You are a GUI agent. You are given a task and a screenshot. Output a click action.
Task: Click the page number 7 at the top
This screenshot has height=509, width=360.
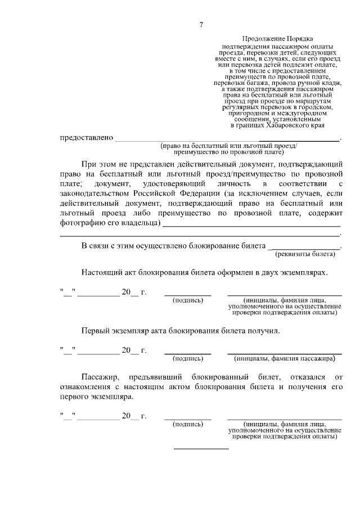coord(201,24)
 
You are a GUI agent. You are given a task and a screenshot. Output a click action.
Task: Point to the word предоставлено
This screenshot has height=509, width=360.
coord(87,138)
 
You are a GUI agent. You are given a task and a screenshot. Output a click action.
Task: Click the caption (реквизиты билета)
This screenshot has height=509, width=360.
coord(310,254)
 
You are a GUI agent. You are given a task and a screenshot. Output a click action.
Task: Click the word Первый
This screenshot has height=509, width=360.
coord(96,330)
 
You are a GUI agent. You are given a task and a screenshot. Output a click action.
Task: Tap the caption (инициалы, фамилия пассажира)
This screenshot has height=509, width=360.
coord(284,358)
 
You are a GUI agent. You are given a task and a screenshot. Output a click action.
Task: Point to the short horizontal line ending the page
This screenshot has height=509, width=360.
coord(201,449)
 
